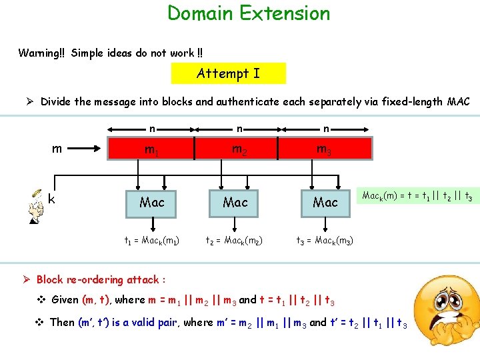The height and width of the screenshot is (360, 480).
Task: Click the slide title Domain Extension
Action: (x=248, y=13)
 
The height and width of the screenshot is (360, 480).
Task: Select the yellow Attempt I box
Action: (x=228, y=73)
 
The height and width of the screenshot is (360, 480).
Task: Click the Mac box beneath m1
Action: (x=152, y=201)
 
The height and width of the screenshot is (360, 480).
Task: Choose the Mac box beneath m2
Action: (x=235, y=201)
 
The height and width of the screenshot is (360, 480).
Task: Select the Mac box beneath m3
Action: (x=325, y=201)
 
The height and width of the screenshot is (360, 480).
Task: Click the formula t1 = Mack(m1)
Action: (x=152, y=240)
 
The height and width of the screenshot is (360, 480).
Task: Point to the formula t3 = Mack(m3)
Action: (x=325, y=240)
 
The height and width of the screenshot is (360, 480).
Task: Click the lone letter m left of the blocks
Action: (x=57, y=149)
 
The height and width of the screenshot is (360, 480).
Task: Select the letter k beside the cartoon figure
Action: (x=51, y=198)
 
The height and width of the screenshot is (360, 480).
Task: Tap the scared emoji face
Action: (x=443, y=313)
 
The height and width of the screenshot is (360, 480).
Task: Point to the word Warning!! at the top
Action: (x=41, y=53)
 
